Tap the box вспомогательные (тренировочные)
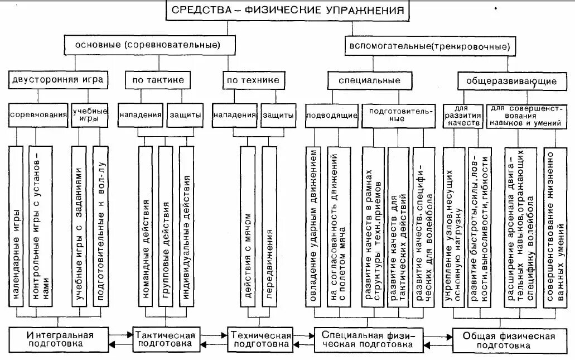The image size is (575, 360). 429,45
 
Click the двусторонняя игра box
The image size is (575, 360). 57,80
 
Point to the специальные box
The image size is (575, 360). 369,80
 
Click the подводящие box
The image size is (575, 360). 331,115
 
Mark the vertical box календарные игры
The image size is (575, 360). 17,226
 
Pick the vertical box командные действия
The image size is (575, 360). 145,226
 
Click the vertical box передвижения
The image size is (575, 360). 268,226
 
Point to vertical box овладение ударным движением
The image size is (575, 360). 313,226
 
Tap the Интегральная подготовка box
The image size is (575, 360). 59,340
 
